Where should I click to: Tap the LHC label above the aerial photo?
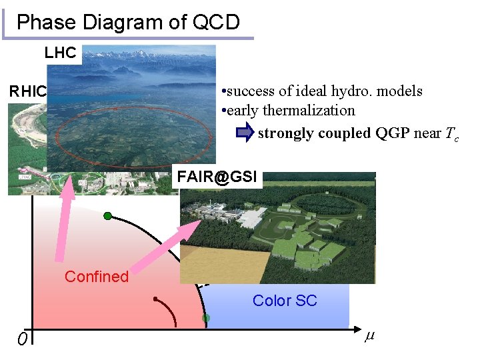(x=61, y=53)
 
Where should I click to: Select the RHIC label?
(x=27, y=91)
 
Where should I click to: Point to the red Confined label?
(x=96, y=277)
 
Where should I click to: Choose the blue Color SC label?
(x=285, y=301)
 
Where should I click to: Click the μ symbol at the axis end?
(x=369, y=336)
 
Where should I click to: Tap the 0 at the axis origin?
(x=22, y=340)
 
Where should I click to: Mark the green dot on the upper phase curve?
(x=107, y=216)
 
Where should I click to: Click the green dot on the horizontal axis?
(x=206, y=319)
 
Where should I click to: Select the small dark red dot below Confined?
(x=155, y=299)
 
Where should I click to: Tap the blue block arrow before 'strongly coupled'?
(x=245, y=133)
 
